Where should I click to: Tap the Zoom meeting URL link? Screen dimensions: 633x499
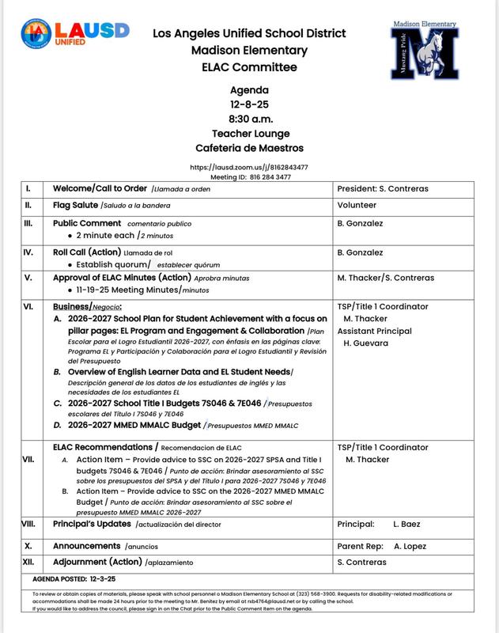(249, 167)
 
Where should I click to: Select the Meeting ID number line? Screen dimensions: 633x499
(249, 177)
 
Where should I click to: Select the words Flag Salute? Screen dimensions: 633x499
(76, 205)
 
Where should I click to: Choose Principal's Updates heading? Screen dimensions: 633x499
(93, 524)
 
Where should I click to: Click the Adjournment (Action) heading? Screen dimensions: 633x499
(97, 563)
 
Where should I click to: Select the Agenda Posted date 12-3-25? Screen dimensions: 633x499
(103, 579)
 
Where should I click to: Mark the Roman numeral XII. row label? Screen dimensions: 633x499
(29, 563)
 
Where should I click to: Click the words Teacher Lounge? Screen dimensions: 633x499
(249, 133)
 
